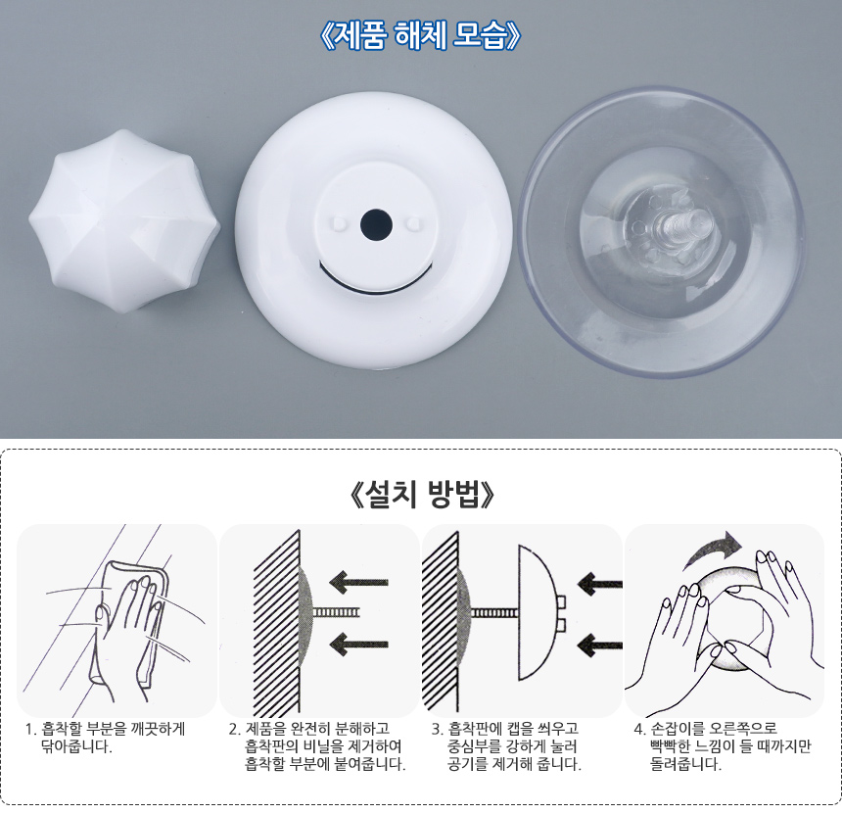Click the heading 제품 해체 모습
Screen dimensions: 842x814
point(419,36)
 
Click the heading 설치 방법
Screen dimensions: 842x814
point(420,494)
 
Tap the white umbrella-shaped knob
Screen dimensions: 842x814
point(124,221)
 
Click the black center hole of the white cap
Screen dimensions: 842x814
point(376,223)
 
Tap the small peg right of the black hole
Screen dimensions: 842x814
point(413,222)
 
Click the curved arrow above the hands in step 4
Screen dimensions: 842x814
point(712,550)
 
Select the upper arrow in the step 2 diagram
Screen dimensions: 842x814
point(358,582)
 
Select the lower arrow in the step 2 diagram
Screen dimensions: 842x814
point(358,644)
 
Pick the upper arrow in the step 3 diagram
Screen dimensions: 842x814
point(599,584)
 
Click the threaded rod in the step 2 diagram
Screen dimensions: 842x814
point(335,612)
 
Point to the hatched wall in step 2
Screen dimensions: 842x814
point(276,622)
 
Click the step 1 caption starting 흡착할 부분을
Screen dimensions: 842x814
point(106,738)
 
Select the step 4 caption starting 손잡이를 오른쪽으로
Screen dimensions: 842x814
point(723,746)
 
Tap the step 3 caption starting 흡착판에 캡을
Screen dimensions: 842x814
point(506,746)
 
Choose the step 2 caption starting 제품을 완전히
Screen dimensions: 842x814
point(317,746)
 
